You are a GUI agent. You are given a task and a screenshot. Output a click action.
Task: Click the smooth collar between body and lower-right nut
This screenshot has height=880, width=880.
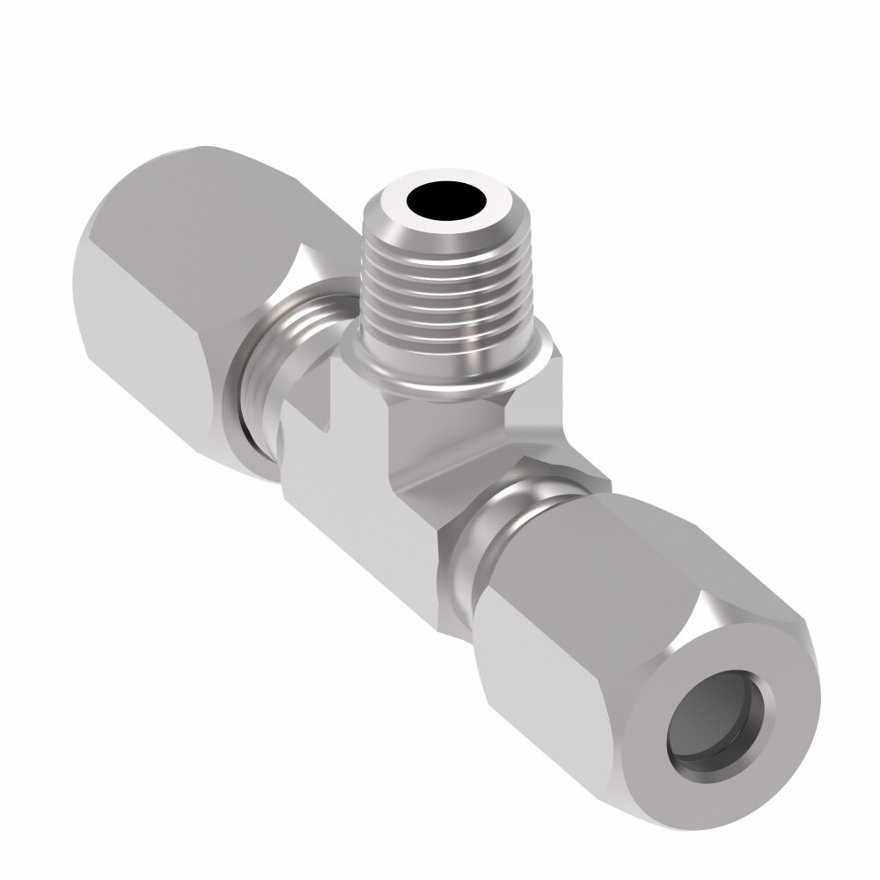(497, 528)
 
